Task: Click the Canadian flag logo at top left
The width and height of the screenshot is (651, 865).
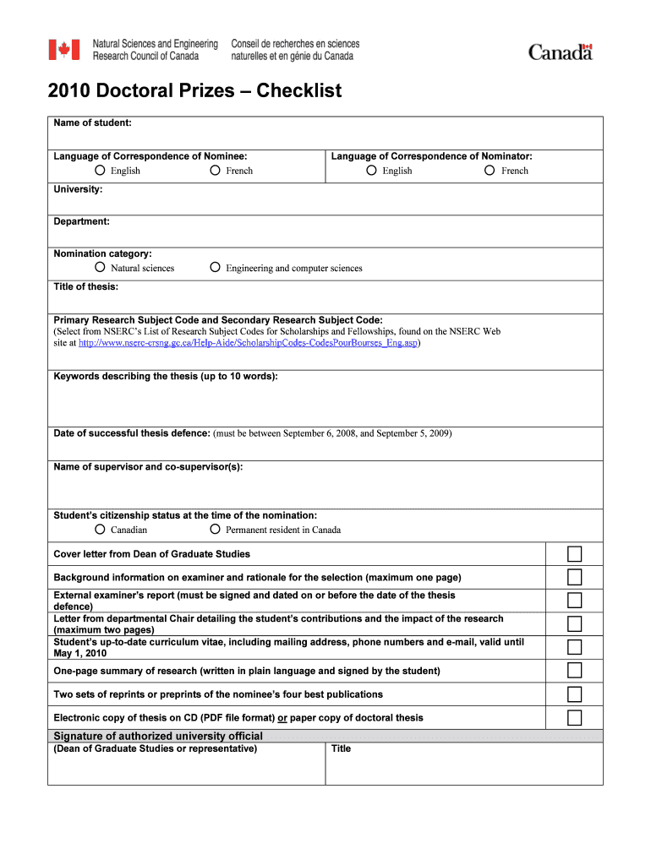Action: [64, 50]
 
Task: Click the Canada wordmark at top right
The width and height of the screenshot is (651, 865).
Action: [561, 52]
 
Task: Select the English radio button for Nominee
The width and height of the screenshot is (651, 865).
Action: [100, 171]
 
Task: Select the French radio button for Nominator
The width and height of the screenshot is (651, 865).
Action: [490, 171]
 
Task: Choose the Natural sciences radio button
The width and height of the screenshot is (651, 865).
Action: [100, 268]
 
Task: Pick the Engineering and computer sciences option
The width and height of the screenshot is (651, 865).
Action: [215, 268]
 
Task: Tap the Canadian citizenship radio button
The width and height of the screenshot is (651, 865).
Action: [100, 530]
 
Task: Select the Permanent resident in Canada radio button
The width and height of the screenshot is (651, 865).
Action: [215, 530]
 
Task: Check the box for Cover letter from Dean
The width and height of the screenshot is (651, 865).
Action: [574, 554]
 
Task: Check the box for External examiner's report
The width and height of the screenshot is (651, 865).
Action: [574, 601]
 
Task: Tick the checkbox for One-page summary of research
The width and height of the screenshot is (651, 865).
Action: [574, 671]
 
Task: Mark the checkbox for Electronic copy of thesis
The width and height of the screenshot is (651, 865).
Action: [574, 718]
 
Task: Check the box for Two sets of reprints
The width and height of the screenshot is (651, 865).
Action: [574, 694]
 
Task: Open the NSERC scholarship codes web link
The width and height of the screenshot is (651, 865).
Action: [248, 344]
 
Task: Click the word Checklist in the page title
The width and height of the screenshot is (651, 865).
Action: [299, 90]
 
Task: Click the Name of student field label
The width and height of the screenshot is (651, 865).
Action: [92, 123]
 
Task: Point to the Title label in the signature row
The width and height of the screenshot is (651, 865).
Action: [341, 748]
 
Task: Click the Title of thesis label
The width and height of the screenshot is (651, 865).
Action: [86, 286]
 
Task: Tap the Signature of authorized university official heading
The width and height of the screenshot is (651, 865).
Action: [158, 736]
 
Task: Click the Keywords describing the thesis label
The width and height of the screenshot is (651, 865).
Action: [166, 377]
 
